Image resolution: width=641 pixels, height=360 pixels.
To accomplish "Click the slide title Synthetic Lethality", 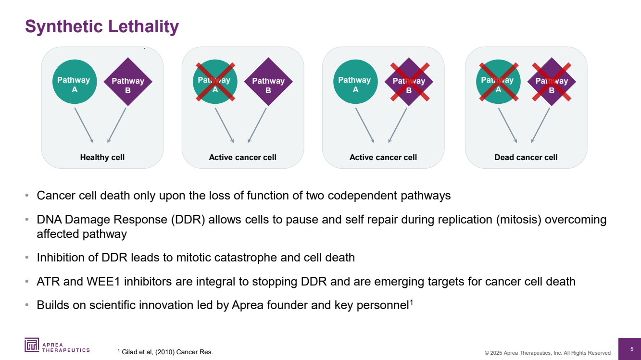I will [x=101, y=26].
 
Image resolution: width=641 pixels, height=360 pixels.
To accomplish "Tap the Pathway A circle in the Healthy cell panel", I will [x=74, y=82].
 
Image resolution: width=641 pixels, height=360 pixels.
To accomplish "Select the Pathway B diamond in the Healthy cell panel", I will [x=128, y=82].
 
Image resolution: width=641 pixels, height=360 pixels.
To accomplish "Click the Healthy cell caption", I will [x=102, y=157].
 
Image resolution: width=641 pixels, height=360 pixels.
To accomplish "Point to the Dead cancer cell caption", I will [x=526, y=157].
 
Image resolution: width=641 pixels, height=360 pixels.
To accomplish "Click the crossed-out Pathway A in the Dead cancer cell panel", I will [x=498, y=82].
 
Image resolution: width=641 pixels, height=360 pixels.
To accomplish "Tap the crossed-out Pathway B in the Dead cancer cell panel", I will [x=552, y=82].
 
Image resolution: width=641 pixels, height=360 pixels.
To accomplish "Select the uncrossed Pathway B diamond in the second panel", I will [x=268, y=82].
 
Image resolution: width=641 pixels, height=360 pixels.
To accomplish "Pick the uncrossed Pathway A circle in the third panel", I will [x=355, y=82].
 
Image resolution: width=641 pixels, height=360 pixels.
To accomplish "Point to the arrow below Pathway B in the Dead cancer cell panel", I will [x=540, y=124].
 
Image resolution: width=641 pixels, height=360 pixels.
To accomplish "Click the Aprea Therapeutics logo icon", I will [x=33, y=345].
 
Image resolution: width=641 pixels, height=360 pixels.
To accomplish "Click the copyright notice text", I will [x=547, y=353].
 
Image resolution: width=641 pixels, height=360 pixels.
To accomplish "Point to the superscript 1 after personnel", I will [x=411, y=302].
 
